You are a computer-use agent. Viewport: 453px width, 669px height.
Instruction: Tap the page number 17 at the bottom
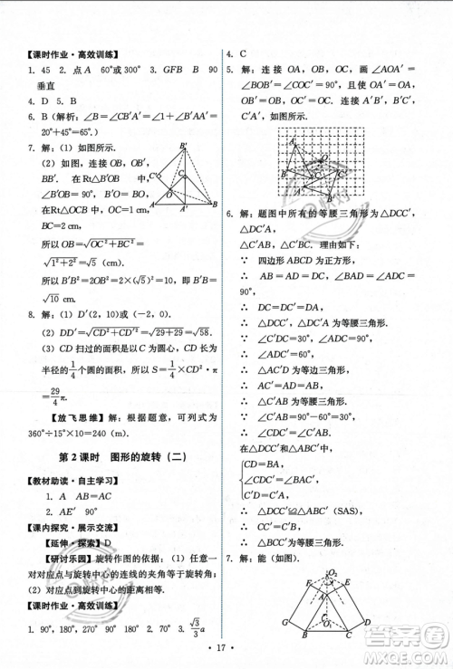pos(227,649)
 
